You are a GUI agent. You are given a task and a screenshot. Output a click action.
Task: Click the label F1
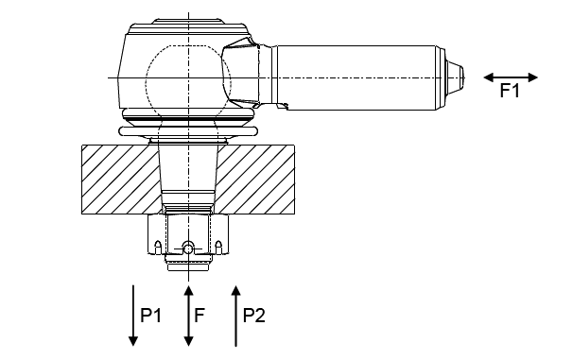pos(510,91)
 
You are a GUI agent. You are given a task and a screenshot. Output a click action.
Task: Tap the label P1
pos(151,315)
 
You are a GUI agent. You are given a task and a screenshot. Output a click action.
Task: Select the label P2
pos(254,315)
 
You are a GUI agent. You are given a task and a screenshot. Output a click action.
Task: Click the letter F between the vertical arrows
pos(200,315)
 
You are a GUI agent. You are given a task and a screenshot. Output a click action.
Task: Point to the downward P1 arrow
pos(133,316)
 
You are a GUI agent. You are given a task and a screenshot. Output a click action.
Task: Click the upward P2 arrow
pos(236,316)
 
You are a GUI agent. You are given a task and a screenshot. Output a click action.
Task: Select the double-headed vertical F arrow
pos(188,316)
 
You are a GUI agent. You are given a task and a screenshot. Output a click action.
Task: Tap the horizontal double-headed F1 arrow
pos(511,77)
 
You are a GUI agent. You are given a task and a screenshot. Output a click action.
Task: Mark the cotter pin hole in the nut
pos(188,249)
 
